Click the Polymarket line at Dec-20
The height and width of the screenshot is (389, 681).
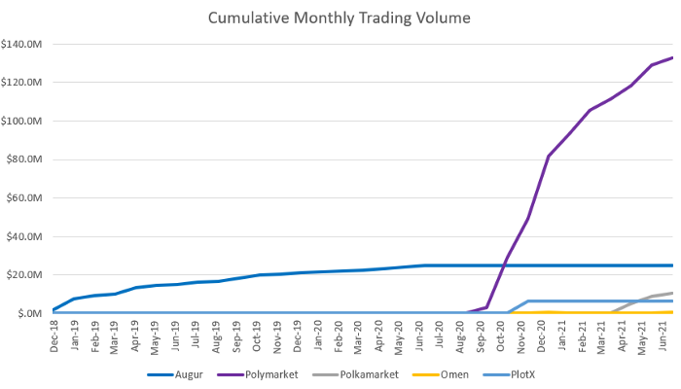(x=549, y=157)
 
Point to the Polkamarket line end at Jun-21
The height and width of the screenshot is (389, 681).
(x=671, y=293)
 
